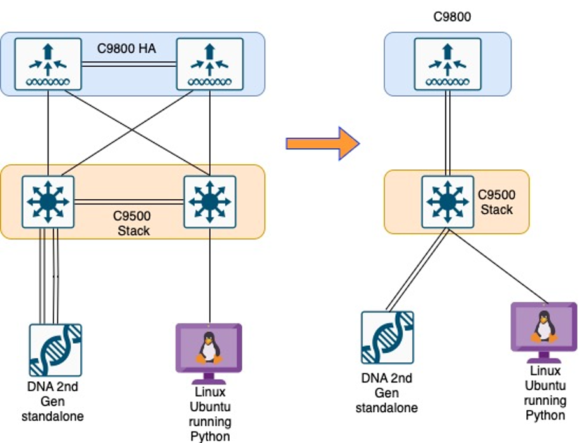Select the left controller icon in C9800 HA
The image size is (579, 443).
[x=48, y=64]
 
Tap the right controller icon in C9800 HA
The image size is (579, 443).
[x=209, y=64]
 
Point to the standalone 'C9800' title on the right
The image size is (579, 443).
[x=452, y=17]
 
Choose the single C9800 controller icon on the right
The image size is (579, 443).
[x=447, y=64]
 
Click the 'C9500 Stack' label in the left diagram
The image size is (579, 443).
[x=134, y=222]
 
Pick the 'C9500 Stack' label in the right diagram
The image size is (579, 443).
[x=497, y=202]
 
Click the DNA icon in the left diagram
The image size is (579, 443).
[x=55, y=350]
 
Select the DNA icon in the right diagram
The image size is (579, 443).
[x=387, y=337]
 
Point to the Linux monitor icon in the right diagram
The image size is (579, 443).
[x=544, y=327]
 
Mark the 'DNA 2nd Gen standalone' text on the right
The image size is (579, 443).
[x=387, y=393]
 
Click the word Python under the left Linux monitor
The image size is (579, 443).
[x=211, y=437]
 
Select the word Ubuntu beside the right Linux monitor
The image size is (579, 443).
[x=545, y=386]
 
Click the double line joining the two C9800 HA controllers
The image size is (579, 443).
[x=129, y=64]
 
